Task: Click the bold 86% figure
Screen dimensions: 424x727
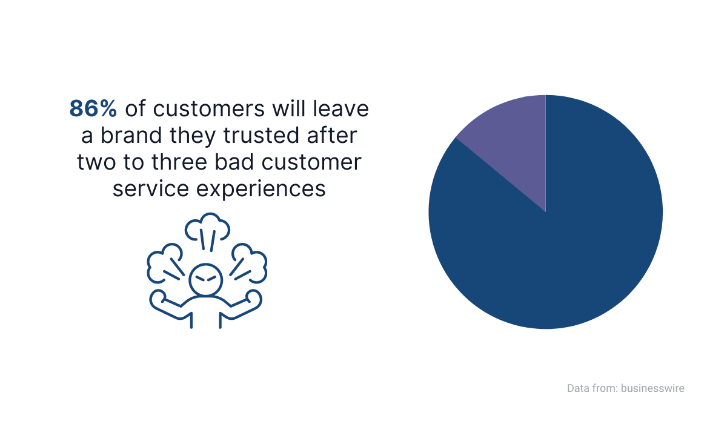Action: click(93, 109)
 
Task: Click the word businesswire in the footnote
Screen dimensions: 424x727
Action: click(652, 388)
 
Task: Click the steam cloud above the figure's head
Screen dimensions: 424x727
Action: click(207, 227)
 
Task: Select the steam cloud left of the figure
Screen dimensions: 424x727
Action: click(162, 262)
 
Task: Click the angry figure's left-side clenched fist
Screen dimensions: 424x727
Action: click(159, 300)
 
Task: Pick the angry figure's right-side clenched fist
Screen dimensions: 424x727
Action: click(253, 300)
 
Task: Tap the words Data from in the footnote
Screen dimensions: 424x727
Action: click(591, 388)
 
